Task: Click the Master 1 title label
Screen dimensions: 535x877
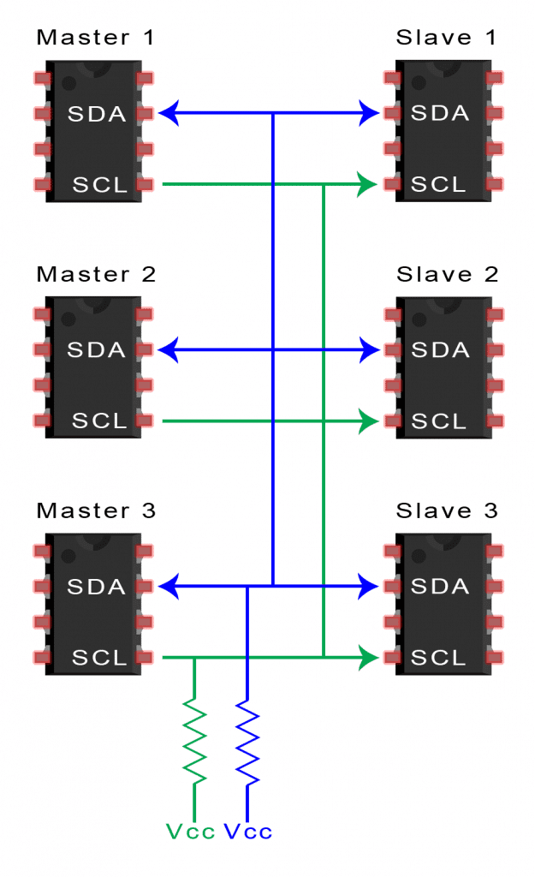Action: click(x=95, y=38)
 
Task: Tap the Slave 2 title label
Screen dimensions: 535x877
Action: click(x=447, y=274)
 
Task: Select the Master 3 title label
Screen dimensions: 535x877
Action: click(x=96, y=510)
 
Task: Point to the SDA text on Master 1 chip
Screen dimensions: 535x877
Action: click(x=97, y=114)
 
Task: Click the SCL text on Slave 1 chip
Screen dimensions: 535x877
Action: click(x=438, y=184)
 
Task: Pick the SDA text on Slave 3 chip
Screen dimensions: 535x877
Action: click(x=440, y=586)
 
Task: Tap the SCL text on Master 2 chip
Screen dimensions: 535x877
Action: click(x=99, y=421)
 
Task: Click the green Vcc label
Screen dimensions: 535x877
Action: click(x=191, y=832)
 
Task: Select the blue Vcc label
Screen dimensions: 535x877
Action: click(x=247, y=832)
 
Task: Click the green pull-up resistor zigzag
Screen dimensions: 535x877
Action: click(x=194, y=740)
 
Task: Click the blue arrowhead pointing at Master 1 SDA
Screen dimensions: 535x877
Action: click(x=169, y=113)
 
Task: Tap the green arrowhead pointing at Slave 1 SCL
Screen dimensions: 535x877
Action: click(x=367, y=184)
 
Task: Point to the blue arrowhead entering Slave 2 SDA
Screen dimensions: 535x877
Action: click(x=369, y=350)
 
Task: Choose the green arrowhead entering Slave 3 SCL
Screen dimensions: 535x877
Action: click(x=368, y=657)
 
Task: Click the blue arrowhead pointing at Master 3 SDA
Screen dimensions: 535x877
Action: click(x=169, y=587)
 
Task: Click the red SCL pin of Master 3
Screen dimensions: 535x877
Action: click(x=144, y=657)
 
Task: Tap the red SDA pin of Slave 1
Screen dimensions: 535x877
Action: click(x=393, y=114)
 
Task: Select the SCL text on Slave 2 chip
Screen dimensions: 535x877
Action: click(x=439, y=421)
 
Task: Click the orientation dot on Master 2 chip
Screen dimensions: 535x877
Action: click(x=68, y=319)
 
